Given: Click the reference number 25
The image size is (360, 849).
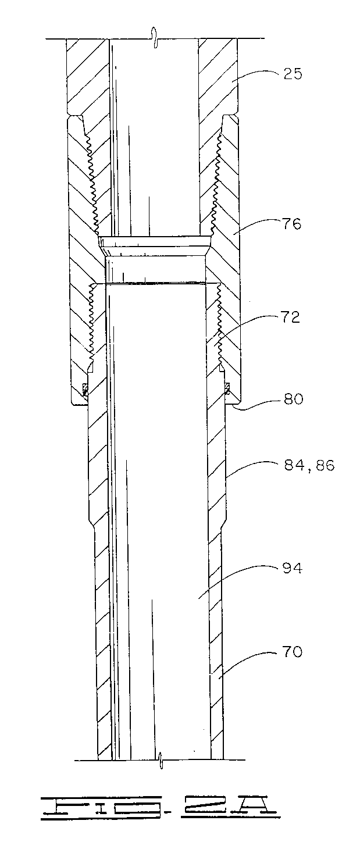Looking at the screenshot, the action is [293, 73].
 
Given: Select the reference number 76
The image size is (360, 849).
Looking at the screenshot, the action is [292, 224].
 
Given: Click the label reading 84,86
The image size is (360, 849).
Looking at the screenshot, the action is [309, 465].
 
